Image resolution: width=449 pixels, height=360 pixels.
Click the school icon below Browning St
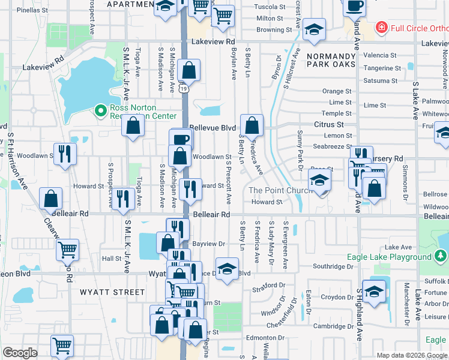pos(314,31)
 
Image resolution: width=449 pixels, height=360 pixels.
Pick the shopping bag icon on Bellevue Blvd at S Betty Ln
pos(252,125)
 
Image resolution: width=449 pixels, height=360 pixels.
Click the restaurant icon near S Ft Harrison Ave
pos(65,154)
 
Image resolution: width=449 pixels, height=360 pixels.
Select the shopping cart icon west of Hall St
pos(68,249)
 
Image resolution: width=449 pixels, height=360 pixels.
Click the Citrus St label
pos(328,125)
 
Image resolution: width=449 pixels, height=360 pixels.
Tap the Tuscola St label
pos(270,7)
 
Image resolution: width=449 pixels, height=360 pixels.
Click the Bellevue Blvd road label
pos(212,128)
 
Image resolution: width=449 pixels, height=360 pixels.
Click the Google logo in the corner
pos(20,353)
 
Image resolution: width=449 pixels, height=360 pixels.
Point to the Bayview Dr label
pos(208,244)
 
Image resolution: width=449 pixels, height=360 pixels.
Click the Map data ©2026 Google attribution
pos(411,355)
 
